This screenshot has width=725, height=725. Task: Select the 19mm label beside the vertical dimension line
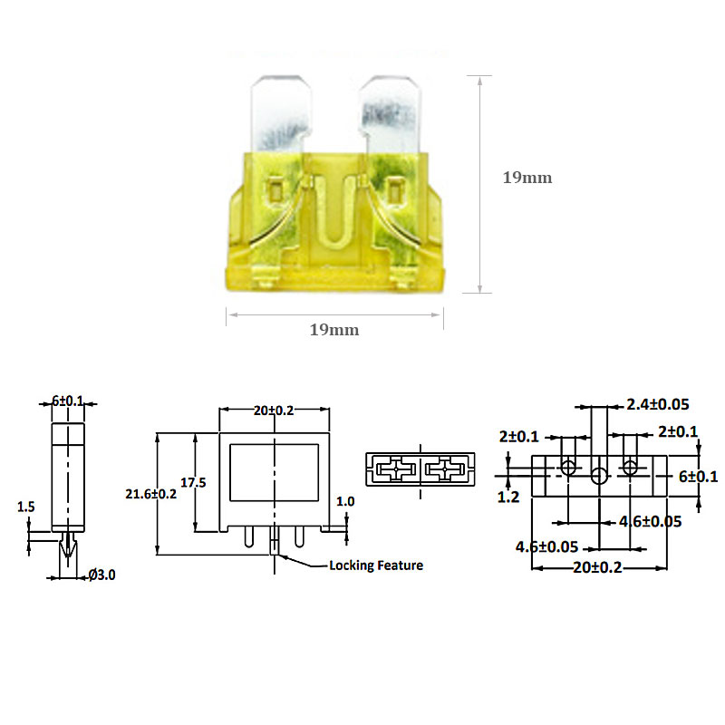(527, 178)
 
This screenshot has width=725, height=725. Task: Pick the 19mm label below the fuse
(333, 330)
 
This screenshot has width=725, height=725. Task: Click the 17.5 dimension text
(193, 483)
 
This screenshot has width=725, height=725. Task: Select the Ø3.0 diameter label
(102, 575)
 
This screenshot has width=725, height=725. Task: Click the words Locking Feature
(376, 565)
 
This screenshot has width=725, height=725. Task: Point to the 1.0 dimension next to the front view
(345, 501)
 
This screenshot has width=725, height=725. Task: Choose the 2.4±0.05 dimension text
(657, 403)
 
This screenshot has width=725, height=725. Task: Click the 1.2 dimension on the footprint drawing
(508, 498)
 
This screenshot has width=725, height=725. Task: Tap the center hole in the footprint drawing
(598, 477)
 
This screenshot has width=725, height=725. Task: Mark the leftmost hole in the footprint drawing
(568, 468)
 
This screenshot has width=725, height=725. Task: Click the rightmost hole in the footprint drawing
(630, 468)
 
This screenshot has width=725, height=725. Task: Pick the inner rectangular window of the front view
(274, 472)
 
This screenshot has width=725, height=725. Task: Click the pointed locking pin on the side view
(68, 547)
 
